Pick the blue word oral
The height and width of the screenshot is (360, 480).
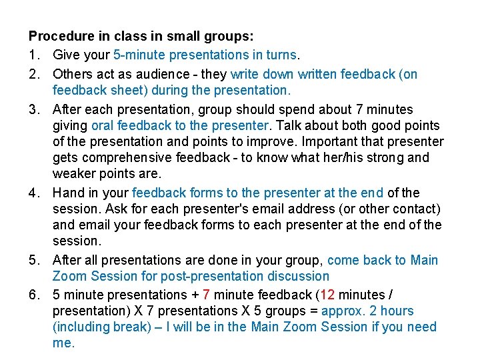click(103, 125)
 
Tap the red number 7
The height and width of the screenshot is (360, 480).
click(207, 295)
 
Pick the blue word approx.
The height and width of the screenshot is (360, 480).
click(343, 311)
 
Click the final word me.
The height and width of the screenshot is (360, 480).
click(63, 344)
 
